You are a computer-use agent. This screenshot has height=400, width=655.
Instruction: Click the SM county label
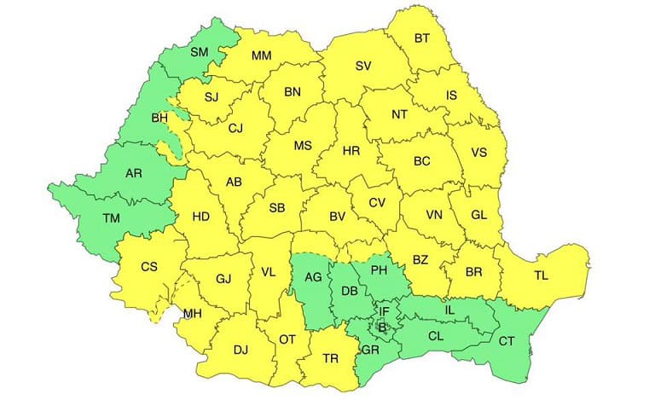(x=199, y=52)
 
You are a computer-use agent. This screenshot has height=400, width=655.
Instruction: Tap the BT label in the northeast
(x=422, y=38)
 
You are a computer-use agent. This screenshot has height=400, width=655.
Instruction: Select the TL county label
(x=541, y=275)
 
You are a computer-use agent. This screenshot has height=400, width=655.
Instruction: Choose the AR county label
(x=133, y=173)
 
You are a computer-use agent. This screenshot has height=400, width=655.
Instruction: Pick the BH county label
(x=159, y=118)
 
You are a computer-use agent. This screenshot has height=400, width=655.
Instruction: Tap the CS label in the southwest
(x=149, y=267)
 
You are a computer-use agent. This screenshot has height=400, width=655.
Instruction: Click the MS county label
(x=303, y=146)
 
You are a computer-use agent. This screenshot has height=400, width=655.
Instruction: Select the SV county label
(x=363, y=66)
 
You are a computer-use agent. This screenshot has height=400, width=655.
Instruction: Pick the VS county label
(x=478, y=154)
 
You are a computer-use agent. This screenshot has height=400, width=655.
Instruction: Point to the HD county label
(x=200, y=217)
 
